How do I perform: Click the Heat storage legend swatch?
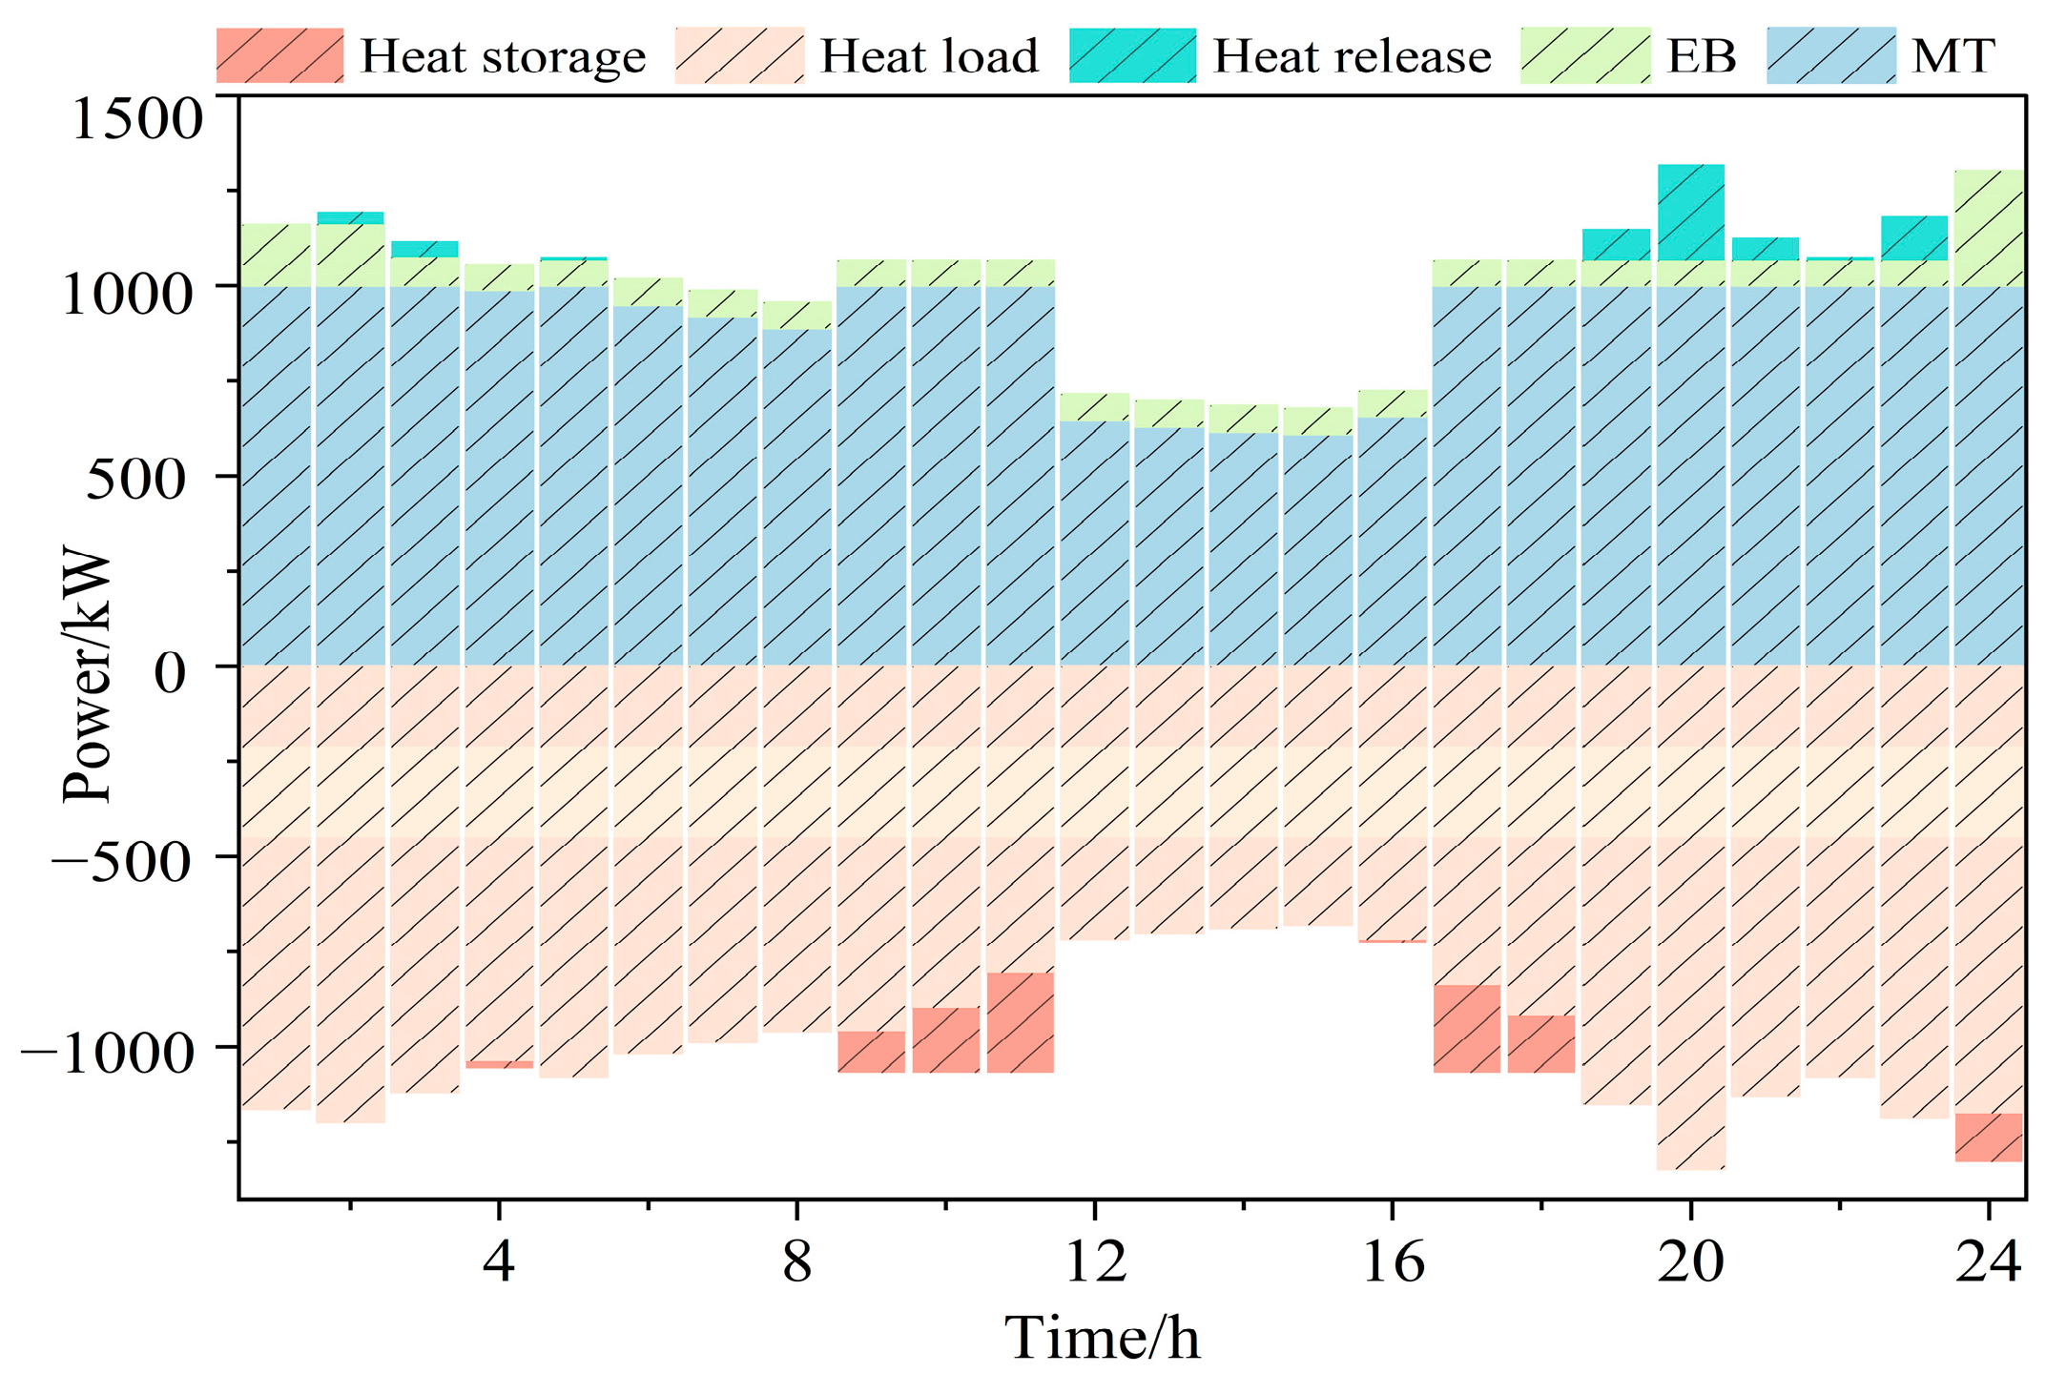(279, 56)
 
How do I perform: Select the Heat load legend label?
(928, 56)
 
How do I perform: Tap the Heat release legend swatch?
(1132, 56)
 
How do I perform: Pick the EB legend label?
(1701, 56)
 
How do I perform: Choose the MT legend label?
(1952, 56)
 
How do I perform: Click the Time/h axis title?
(1102, 1338)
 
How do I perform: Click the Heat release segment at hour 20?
(1690, 212)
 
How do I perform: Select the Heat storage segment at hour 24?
(1989, 1137)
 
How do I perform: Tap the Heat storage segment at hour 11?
(1020, 1022)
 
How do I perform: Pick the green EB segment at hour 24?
(1989, 228)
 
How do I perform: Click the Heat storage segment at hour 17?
(1466, 1029)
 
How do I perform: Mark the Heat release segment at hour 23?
(1913, 237)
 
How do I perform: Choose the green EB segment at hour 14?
(1243, 418)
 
